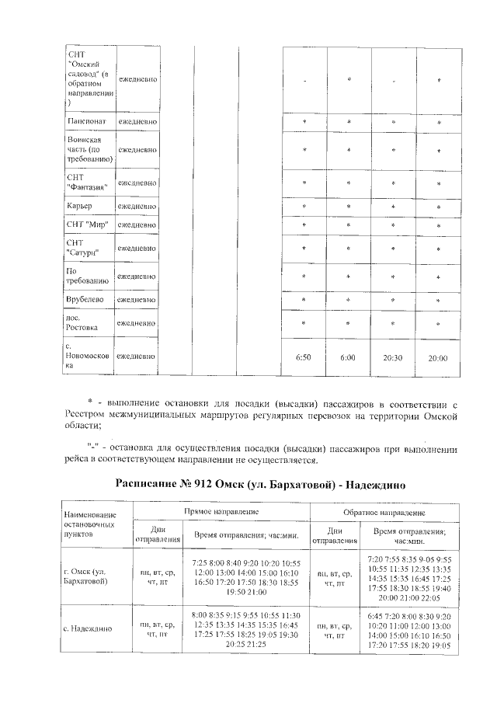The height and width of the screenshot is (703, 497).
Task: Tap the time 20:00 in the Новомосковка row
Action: coord(439,358)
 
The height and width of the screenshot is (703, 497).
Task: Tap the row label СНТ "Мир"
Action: coord(87,225)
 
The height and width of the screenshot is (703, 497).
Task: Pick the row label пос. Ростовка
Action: coord(82,322)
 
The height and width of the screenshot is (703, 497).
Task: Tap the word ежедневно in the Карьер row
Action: coord(137,206)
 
